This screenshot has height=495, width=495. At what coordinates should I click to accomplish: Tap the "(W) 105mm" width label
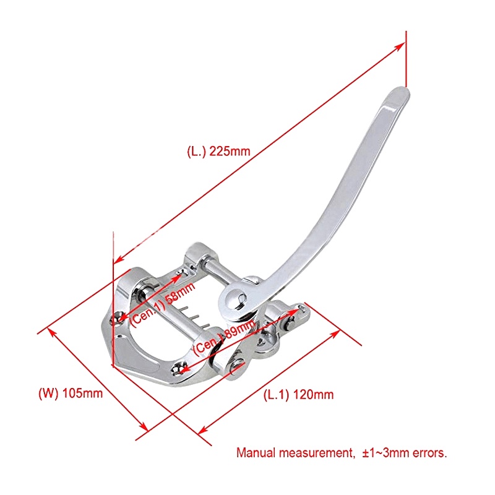point(70,392)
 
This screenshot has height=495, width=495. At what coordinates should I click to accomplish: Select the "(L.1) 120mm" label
point(299,394)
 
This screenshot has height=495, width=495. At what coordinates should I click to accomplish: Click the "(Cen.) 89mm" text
point(224,338)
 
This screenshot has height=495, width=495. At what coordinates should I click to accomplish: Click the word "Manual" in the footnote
point(256,453)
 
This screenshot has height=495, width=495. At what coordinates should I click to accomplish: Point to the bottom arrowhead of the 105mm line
point(144,427)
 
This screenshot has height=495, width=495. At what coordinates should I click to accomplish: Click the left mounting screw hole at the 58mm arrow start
point(118,317)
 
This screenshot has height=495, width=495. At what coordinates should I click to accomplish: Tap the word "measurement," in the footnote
point(316,453)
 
